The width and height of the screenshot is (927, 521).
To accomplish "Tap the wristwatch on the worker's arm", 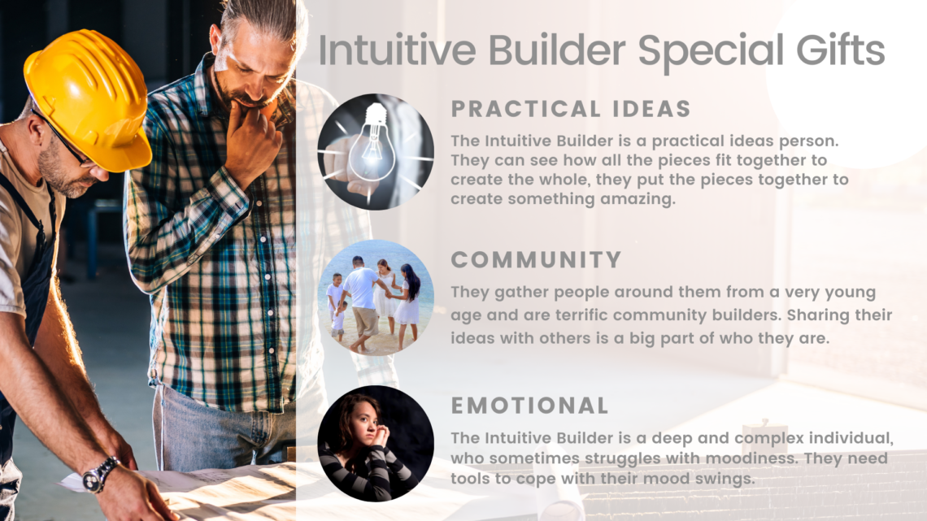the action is pyautogui.click(x=99, y=475).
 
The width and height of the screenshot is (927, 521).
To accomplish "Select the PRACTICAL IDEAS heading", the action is pyautogui.click(x=571, y=109).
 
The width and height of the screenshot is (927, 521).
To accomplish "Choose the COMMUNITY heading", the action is pyautogui.click(x=536, y=260).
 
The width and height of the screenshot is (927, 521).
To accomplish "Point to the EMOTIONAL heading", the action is pyautogui.click(x=529, y=406).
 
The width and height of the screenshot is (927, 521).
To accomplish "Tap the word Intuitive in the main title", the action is pyautogui.click(x=397, y=50).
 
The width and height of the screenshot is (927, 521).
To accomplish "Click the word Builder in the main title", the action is pyautogui.click(x=556, y=50).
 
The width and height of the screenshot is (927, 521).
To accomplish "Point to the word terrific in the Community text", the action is pyautogui.click(x=579, y=315).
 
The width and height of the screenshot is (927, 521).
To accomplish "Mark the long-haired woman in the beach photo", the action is pyautogui.click(x=407, y=304).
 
